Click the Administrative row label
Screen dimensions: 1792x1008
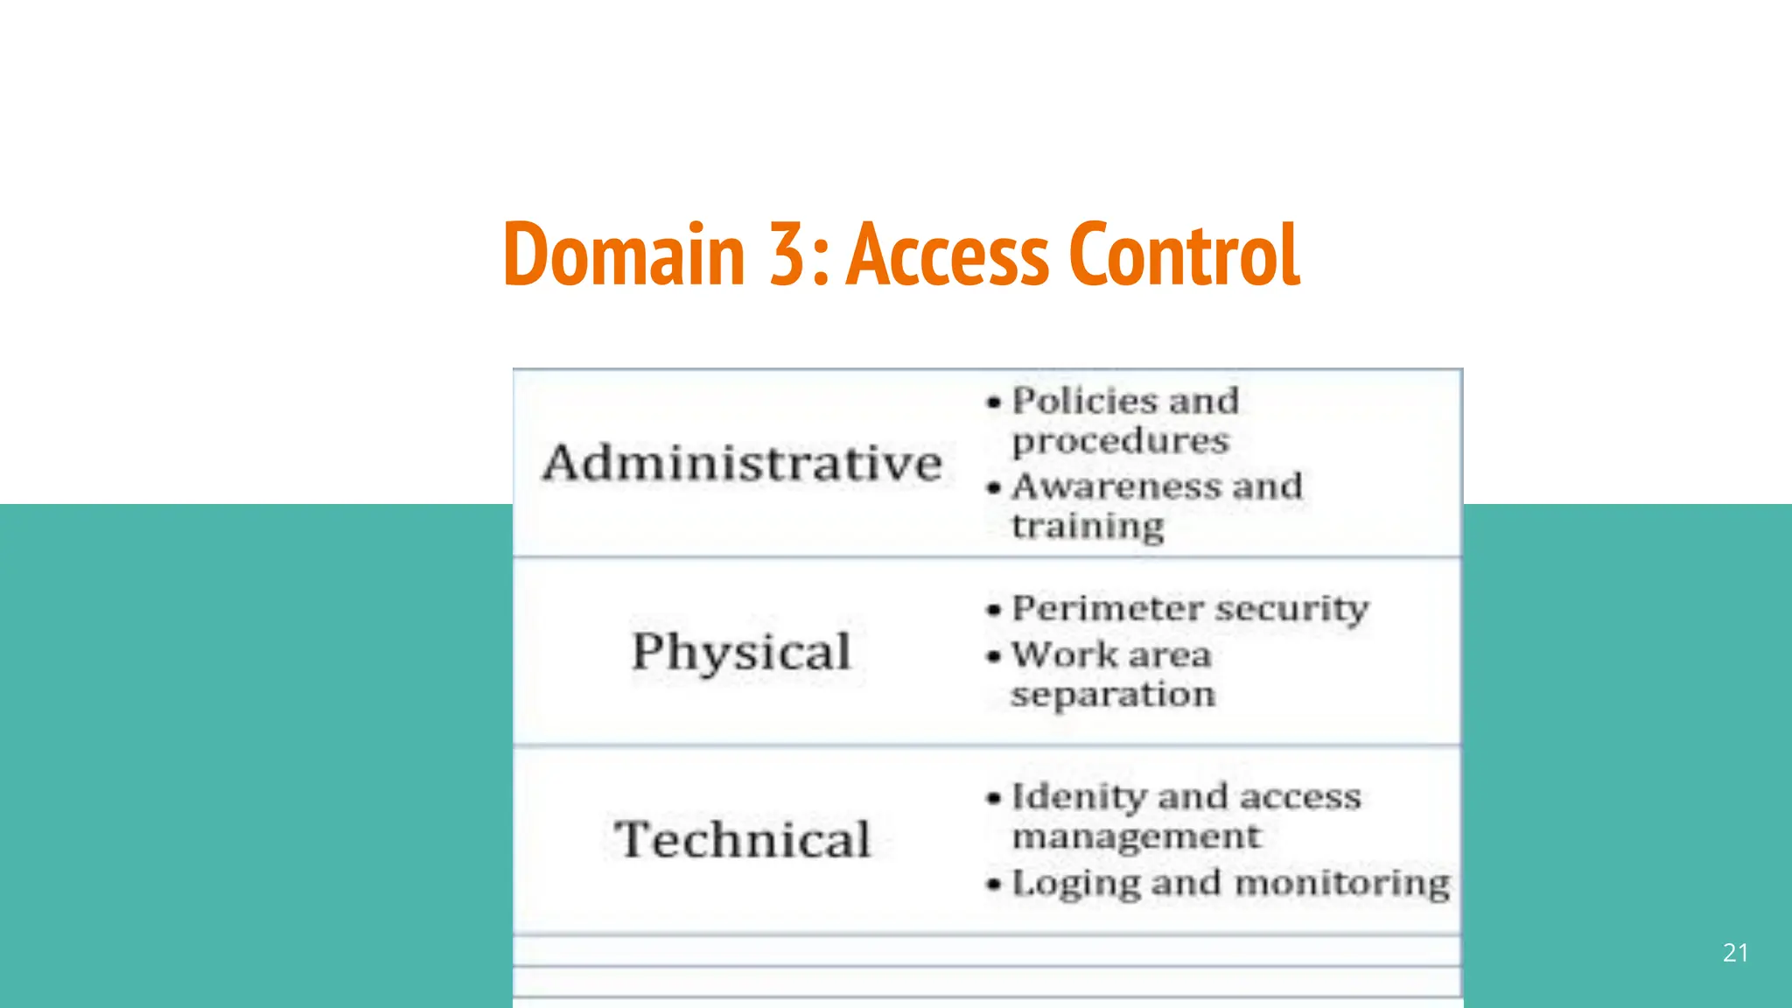click(742, 463)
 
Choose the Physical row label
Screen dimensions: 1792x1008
click(741, 652)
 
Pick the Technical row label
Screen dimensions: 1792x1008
click(742, 839)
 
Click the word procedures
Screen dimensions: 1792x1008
click(1120, 441)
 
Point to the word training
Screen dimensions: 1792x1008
click(1088, 527)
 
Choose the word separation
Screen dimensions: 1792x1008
click(1113, 696)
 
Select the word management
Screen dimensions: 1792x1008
click(1136, 837)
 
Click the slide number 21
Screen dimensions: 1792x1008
click(1735, 953)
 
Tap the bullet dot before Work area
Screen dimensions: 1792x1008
click(993, 656)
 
